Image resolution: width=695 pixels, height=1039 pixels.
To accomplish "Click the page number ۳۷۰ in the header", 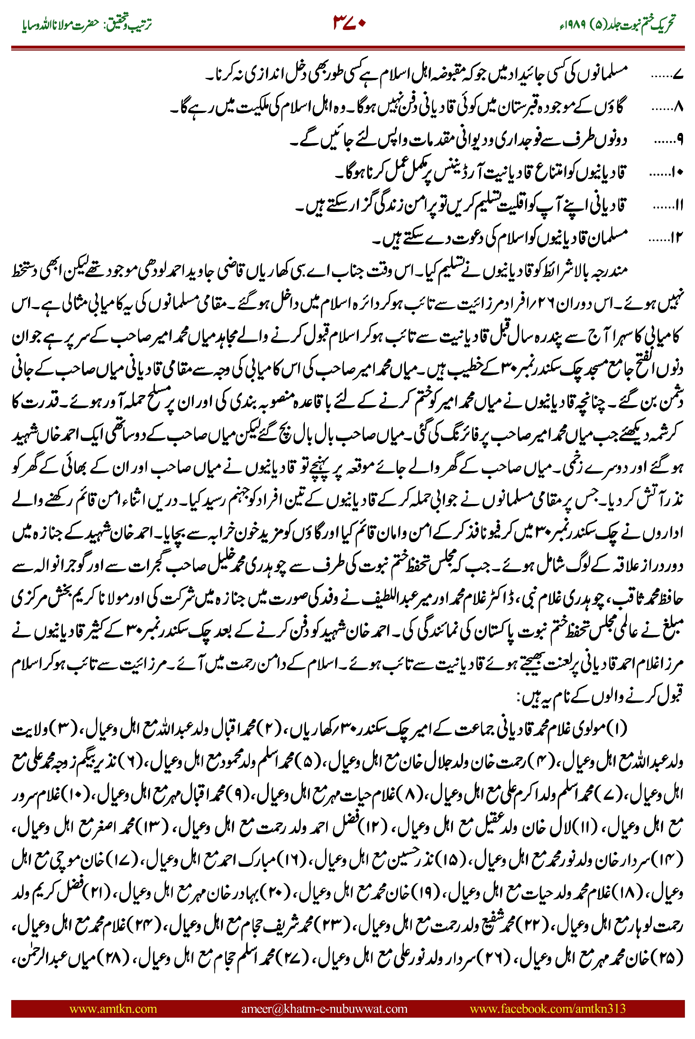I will [349, 22].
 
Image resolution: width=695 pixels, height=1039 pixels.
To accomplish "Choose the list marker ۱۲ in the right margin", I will [677, 239].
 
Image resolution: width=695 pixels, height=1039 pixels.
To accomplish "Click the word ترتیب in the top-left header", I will [141, 24].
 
